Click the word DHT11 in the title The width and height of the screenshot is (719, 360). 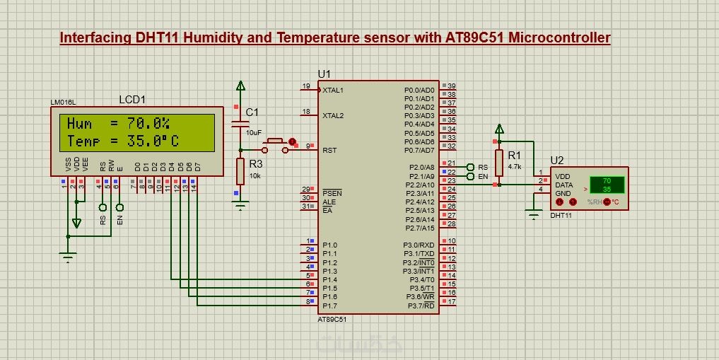tap(157, 38)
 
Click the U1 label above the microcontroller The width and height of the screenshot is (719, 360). tap(324, 74)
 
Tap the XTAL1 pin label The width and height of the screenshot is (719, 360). tap(333, 91)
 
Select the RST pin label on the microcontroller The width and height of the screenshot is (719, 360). tap(329, 150)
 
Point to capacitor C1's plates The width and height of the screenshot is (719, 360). tap(240, 125)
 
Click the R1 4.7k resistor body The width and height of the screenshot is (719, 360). tap(499, 163)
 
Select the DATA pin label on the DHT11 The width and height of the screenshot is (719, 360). tap(564, 185)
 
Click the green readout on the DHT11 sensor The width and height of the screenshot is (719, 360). tap(606, 185)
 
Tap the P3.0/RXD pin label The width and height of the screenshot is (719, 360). tap(419, 245)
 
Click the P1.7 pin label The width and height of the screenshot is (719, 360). tap(330, 306)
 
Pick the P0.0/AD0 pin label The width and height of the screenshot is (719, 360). tap(419, 91)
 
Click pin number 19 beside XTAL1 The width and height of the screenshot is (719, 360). tap(306, 87)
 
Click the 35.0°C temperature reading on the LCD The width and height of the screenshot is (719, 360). tap(153, 141)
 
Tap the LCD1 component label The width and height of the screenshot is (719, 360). tap(132, 101)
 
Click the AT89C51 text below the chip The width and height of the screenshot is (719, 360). tap(332, 320)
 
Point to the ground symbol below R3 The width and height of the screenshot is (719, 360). tap(240, 206)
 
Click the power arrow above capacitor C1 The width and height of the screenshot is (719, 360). tap(240, 86)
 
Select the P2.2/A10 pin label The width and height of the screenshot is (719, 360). tap(419, 185)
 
